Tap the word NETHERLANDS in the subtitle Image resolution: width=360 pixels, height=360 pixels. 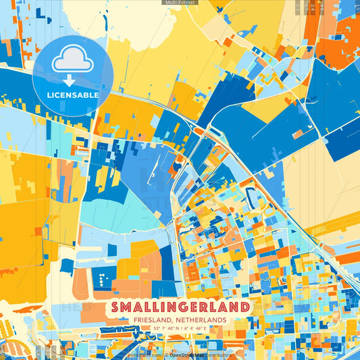tap(202, 319)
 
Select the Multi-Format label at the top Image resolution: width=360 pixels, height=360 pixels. tap(180, 3)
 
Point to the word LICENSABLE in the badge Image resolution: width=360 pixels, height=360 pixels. tap(73, 95)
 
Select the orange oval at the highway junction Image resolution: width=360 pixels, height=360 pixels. tap(201, 130)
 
